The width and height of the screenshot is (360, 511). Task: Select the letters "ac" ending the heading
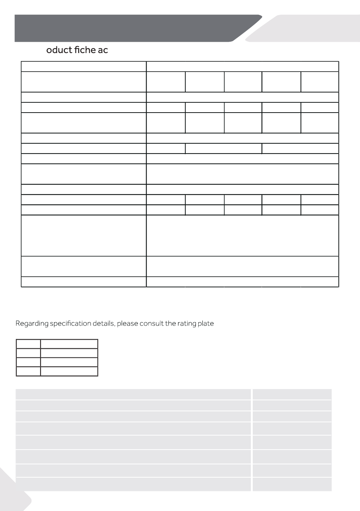click(103, 50)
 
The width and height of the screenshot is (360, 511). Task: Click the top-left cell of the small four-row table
click(28, 344)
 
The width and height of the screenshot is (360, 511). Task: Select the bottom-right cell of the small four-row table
click(69, 371)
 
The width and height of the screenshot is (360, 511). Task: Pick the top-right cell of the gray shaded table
click(292, 394)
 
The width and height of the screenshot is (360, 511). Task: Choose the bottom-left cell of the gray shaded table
click(133, 484)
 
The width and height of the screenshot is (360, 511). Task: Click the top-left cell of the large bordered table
click(83, 66)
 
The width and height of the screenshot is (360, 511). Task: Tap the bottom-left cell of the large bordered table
click(83, 282)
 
